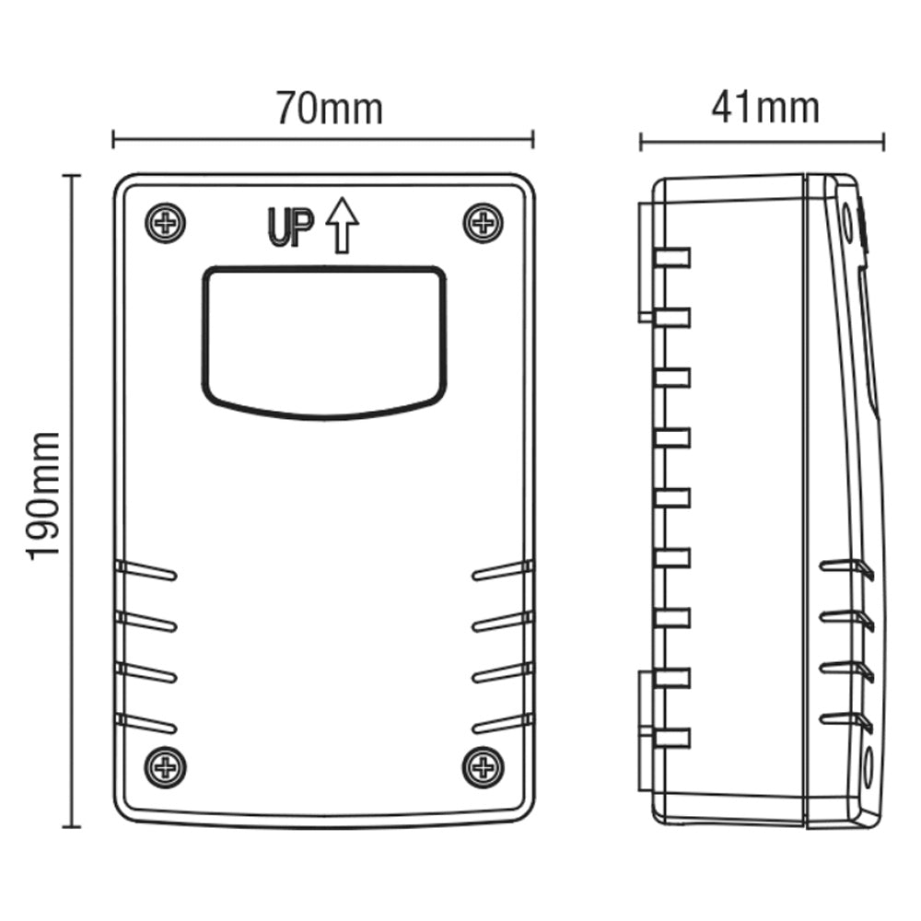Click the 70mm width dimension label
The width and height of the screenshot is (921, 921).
[329, 109]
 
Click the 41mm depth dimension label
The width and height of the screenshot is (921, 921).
[764, 109]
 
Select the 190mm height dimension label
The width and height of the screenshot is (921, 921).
[44, 495]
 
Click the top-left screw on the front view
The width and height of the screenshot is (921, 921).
[166, 223]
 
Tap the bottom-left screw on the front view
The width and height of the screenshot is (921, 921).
[166, 766]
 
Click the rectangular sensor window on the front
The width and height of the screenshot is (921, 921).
[324, 341]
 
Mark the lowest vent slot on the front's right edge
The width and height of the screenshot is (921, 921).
[502, 724]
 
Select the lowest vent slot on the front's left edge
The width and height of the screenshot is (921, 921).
[146, 724]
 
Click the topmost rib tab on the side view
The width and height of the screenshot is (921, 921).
[671, 258]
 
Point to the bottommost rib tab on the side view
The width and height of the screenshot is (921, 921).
[671, 737]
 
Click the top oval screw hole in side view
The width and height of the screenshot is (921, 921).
[846, 218]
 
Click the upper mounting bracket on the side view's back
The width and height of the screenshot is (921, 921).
[645, 262]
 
